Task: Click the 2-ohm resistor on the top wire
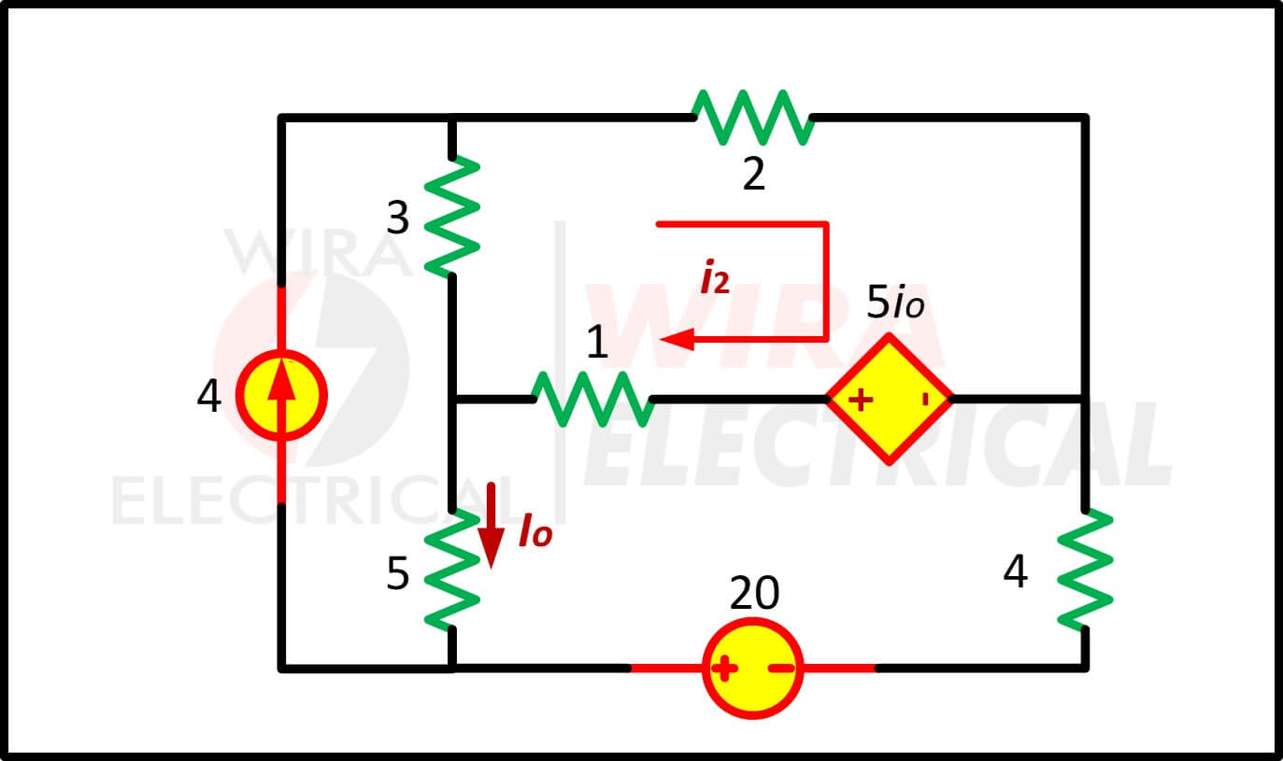click(752, 118)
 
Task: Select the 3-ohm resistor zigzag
click(452, 217)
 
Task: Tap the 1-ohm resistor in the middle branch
click(593, 399)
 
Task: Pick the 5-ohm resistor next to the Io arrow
click(452, 570)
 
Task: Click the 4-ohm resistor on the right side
click(1085, 570)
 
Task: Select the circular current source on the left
click(281, 395)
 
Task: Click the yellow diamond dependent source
click(890, 399)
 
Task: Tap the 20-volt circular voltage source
click(752, 668)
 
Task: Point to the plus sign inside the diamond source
click(861, 400)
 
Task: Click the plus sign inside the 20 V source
click(724, 668)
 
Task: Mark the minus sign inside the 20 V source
click(781, 668)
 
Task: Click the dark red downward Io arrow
click(491, 526)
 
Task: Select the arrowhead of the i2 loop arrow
click(677, 339)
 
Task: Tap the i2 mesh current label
click(716, 277)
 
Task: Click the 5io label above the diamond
click(895, 302)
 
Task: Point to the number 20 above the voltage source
click(754, 593)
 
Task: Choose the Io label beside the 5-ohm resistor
click(535, 531)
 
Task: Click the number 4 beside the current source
click(209, 396)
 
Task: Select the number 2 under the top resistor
click(754, 174)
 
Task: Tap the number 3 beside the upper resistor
click(398, 218)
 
